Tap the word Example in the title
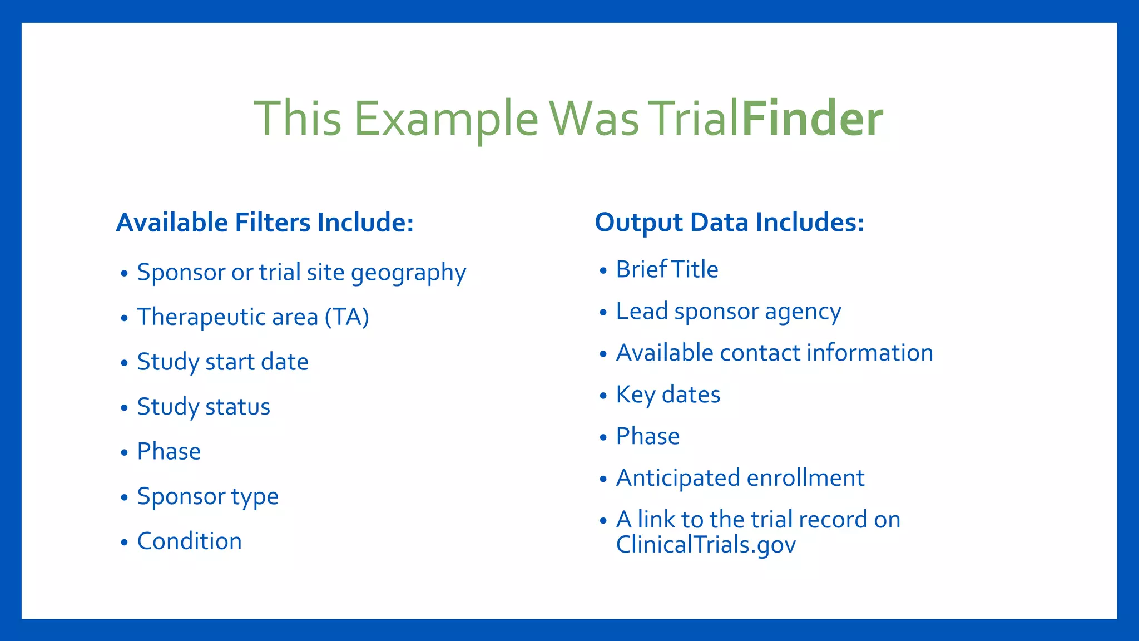[x=446, y=120]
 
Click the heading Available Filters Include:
[x=265, y=223]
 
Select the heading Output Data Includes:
[x=729, y=223]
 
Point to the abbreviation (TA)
[x=347, y=317]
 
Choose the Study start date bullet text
[x=222, y=362]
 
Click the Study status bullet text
[x=204, y=407]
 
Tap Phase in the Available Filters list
[x=169, y=451]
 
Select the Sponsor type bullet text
[x=207, y=497]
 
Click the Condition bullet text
[x=189, y=541]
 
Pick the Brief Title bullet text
[x=667, y=270]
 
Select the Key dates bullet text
[x=668, y=395]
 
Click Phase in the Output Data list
[x=647, y=437]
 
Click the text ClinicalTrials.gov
[x=706, y=545]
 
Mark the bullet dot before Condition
[x=124, y=542]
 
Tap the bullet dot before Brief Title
[x=603, y=271]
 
